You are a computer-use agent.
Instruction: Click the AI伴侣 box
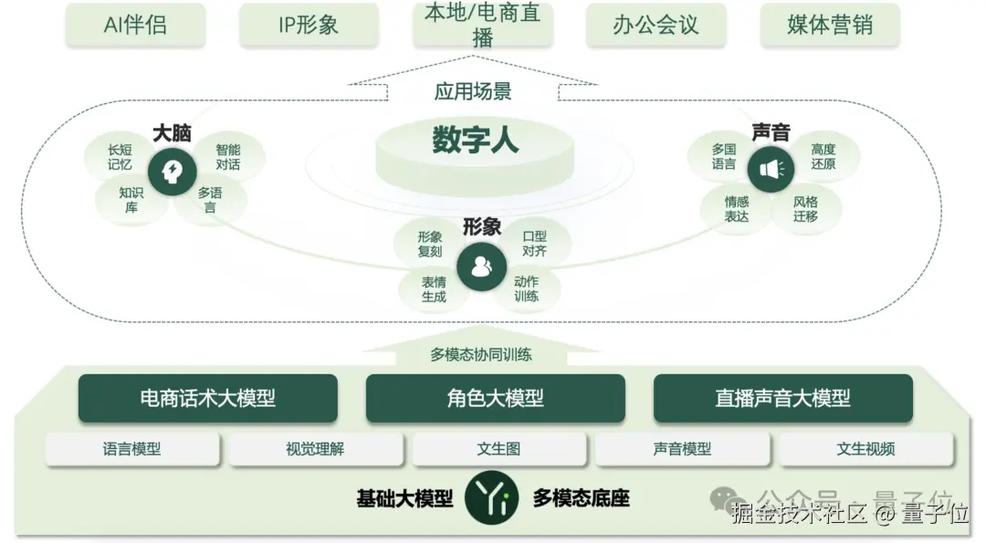(x=135, y=25)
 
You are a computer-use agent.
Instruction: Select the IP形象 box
(x=309, y=25)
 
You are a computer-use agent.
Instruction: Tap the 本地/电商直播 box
(x=483, y=25)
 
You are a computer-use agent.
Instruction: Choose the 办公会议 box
(x=656, y=25)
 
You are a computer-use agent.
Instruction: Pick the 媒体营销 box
(x=830, y=25)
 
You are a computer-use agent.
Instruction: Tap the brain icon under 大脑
(x=173, y=171)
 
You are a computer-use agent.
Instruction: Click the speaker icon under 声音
(x=771, y=170)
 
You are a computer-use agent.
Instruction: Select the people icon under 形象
(x=480, y=266)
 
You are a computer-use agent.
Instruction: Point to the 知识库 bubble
(x=131, y=200)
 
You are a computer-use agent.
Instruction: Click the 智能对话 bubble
(x=227, y=157)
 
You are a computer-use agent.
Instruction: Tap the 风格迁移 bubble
(x=805, y=209)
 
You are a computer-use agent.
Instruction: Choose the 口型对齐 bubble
(x=534, y=243)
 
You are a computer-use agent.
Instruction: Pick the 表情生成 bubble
(x=434, y=289)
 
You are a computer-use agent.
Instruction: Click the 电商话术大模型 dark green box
(x=207, y=398)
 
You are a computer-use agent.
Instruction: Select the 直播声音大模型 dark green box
(x=782, y=398)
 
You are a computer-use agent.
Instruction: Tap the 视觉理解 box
(x=315, y=449)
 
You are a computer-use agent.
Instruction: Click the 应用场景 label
(x=473, y=91)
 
